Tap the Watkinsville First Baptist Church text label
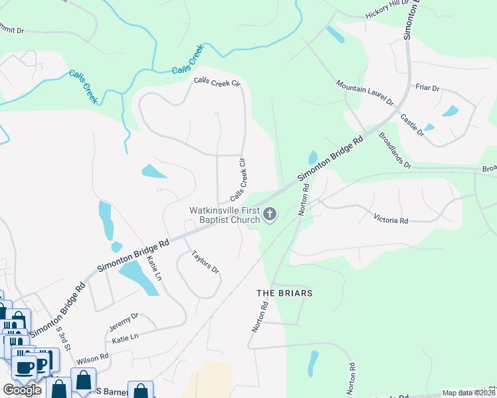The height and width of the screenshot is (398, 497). (x=225, y=215)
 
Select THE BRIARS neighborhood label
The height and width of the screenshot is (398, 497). (x=284, y=293)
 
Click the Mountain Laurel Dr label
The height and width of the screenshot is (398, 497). (x=365, y=94)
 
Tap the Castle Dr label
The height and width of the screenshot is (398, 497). (x=412, y=125)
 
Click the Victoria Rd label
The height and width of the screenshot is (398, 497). (x=390, y=218)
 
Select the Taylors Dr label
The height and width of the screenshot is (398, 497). (x=205, y=262)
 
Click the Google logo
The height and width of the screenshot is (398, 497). (x=21, y=389)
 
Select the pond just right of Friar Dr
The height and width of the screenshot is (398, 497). (x=450, y=111)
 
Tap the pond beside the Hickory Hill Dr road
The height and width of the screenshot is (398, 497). (x=336, y=34)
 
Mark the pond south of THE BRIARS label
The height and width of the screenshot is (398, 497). (x=312, y=364)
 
